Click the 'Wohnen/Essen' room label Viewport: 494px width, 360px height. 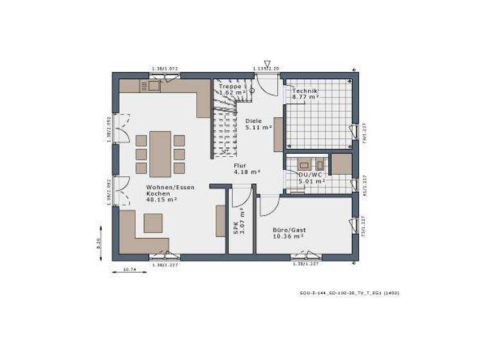170,187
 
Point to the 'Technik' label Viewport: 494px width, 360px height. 305,91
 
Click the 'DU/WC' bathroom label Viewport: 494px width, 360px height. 308,174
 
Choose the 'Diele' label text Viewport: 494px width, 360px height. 254,120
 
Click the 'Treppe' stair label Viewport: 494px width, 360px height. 230,85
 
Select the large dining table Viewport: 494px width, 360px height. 160,154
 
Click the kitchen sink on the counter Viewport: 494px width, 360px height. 154,85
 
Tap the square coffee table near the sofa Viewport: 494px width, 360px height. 153,222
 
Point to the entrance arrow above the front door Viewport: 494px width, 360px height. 267,64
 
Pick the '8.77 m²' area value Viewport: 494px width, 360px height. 305,99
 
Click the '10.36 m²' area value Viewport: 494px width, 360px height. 287,237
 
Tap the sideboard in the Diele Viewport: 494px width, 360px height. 279,134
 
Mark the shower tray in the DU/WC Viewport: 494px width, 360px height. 341,164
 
